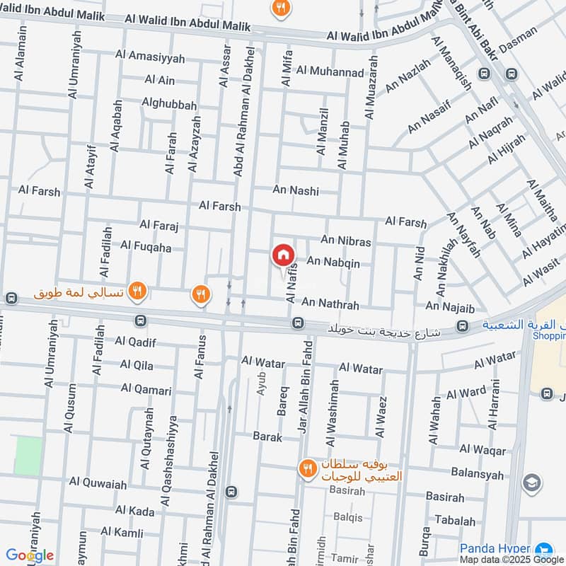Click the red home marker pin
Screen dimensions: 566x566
coord(283,255)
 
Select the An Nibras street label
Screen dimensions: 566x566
coord(345,242)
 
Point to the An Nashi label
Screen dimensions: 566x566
coord(296,190)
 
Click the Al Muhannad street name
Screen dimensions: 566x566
coord(330,71)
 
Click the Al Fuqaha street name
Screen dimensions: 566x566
coord(146,246)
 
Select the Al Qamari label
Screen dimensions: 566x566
coord(146,388)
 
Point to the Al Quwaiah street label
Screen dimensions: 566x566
coord(98,483)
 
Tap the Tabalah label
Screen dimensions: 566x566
coord(455,521)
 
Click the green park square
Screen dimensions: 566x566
coord(28,456)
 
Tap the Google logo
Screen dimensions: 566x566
coord(30,555)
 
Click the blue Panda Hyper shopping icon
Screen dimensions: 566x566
coord(543,549)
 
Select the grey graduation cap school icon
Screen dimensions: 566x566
coord(531,483)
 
